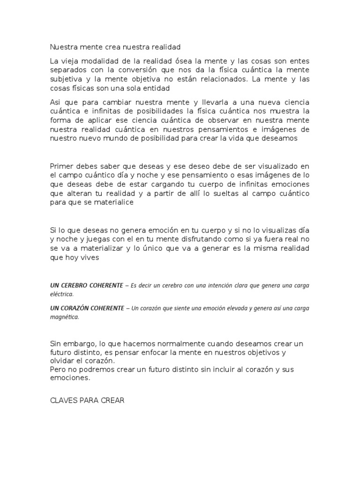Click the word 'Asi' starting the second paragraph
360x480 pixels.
tap(55, 103)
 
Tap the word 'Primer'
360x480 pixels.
tap(61, 166)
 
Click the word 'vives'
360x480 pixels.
tap(90, 257)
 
